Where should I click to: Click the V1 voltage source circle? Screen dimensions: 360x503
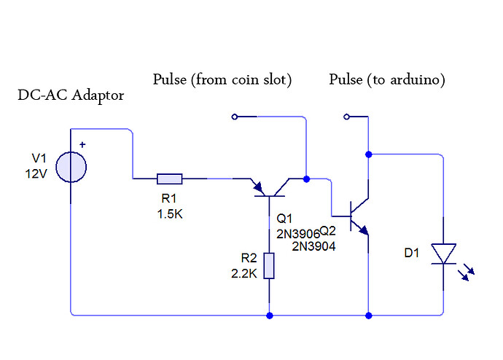point(71,168)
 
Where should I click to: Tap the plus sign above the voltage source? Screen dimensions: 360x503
point(82,144)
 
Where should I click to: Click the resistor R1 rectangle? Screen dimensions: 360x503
point(170,178)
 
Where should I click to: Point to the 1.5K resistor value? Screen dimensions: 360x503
point(170,215)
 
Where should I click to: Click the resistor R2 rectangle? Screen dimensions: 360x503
point(270,266)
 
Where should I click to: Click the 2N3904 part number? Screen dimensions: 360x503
point(314,246)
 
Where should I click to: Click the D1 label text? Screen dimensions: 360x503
point(412,253)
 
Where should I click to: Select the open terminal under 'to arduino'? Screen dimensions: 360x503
point(347,117)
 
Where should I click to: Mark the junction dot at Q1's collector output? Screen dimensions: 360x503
point(306,178)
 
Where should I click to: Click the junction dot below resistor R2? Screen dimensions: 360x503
point(270,316)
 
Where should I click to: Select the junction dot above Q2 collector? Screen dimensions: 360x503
point(368,154)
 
